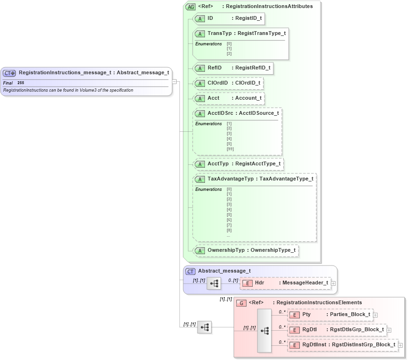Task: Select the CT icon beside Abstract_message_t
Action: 190,271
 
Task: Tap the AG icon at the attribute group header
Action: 191,7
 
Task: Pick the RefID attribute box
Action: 233,68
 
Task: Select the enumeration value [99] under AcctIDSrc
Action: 230,149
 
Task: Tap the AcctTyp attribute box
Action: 238,164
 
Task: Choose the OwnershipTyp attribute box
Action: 246,250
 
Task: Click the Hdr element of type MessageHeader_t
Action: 285,283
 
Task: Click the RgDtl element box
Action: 337,330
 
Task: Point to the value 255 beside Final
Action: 21,83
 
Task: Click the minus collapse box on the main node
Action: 174,81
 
